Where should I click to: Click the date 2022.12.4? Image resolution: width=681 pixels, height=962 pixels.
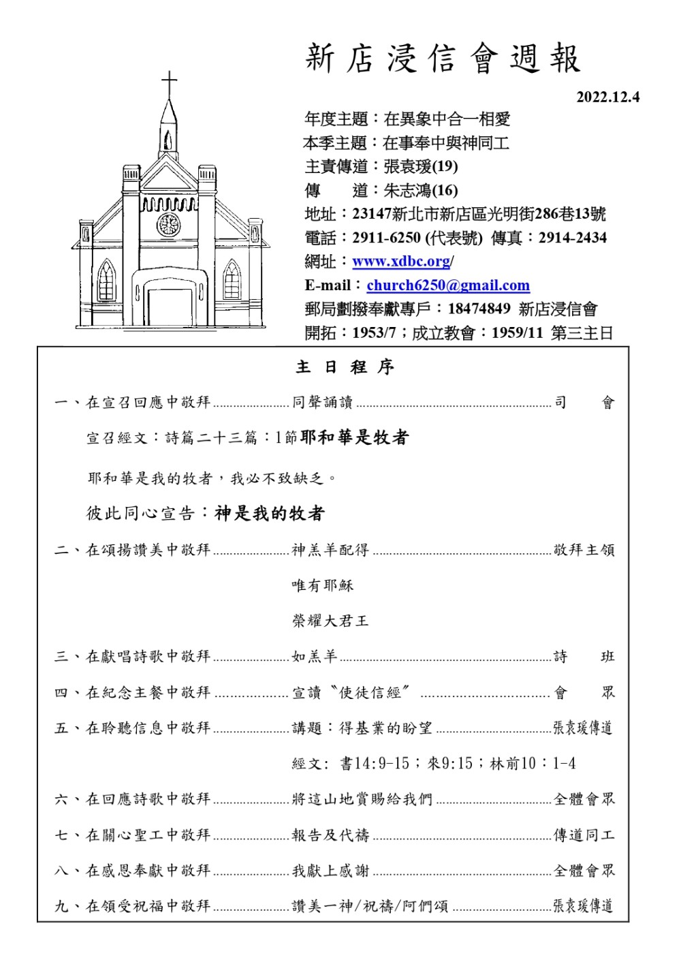608,97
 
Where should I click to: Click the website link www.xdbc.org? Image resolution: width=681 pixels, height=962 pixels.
401,262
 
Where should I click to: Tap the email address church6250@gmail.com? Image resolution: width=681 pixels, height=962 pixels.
448,285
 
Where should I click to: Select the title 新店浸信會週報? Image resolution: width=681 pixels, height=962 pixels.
443,58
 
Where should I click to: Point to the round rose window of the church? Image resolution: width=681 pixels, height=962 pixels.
168,224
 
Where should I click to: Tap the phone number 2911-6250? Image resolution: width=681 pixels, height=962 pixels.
386,238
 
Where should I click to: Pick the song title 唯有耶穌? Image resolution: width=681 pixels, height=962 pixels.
323,585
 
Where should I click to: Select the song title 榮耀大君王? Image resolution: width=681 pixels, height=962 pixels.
330,621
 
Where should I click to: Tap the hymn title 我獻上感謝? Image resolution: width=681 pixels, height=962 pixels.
330,870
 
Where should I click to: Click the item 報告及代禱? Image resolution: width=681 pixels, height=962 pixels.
330,835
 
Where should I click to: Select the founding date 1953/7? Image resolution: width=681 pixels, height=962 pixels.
374,333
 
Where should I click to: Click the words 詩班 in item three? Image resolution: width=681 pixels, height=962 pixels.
584,656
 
